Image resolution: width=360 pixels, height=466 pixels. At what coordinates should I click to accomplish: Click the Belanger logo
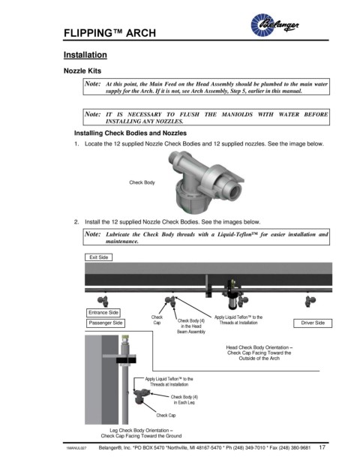click(274, 25)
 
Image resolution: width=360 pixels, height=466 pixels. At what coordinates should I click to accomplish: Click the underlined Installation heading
click(85, 55)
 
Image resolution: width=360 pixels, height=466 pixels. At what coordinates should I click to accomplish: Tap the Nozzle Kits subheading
click(82, 71)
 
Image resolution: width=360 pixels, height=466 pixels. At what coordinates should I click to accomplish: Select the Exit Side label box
click(98, 257)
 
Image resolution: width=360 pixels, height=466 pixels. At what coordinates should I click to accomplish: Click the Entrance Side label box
click(103, 313)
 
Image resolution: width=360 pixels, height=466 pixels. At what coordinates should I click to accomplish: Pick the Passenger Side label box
click(106, 323)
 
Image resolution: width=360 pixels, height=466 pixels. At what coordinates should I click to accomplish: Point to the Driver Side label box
click(313, 323)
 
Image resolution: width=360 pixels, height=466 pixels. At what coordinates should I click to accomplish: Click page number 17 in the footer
click(322, 447)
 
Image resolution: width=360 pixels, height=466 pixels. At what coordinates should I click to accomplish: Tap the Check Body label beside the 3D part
click(142, 182)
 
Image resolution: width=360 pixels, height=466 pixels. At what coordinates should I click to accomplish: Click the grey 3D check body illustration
click(206, 181)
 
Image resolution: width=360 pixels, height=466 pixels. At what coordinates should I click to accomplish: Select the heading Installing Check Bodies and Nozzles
click(130, 133)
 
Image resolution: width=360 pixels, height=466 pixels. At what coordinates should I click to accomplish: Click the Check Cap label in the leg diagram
click(166, 416)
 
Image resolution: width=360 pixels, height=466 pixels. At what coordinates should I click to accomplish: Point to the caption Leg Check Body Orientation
click(141, 433)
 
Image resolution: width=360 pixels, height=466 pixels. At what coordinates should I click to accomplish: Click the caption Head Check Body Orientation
click(259, 353)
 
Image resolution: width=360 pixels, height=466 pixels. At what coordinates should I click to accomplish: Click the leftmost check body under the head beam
click(103, 301)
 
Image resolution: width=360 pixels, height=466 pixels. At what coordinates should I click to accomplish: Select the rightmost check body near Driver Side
click(310, 301)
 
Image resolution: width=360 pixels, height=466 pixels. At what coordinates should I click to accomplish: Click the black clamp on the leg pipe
click(126, 360)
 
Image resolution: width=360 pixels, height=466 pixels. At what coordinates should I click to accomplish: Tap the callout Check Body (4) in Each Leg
click(184, 400)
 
